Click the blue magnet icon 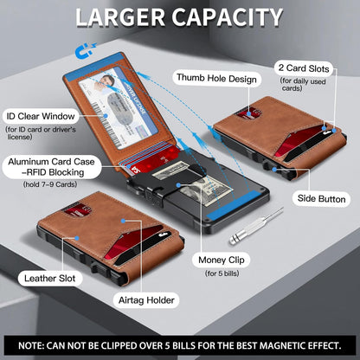coord(85,50)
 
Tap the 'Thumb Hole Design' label coord(216,79)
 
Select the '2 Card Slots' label coord(304,68)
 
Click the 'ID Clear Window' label coord(41,116)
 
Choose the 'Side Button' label coord(321,199)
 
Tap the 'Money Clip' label coord(222,260)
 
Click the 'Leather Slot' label coord(50,279)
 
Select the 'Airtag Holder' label coord(146,300)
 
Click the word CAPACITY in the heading coord(228,17)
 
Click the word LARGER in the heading coord(120,17)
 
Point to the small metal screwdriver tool coord(256,226)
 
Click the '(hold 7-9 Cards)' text coord(50,184)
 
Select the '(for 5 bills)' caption coord(222,273)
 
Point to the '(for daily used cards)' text coord(303,85)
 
